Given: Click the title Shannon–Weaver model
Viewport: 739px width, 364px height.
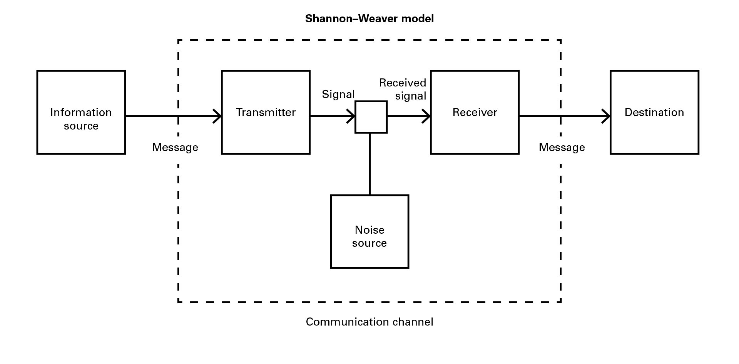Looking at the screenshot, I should click(369, 18).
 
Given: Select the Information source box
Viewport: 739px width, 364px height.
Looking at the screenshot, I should click(81, 112).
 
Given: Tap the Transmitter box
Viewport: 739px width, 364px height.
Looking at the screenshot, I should click(266, 112).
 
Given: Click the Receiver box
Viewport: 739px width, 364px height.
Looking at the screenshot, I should click(475, 112).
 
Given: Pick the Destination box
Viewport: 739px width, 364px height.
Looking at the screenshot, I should click(654, 112).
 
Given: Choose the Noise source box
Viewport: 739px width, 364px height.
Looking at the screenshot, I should click(369, 231).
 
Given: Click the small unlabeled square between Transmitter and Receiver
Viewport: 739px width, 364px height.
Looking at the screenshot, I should click(371, 117).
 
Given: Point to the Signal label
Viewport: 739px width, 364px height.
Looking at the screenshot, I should click(338, 95).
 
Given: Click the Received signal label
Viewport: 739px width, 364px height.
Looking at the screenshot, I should click(403, 89).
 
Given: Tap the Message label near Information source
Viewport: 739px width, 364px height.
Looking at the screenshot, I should click(175, 148).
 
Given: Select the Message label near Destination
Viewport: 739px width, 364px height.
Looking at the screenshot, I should click(562, 148).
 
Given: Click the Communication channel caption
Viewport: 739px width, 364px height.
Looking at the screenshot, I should click(369, 322).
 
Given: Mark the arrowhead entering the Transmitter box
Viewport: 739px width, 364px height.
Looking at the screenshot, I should click(218, 116).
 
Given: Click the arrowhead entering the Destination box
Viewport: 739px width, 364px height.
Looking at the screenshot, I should click(607, 116).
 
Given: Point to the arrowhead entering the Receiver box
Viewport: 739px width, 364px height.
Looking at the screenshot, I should click(427, 116).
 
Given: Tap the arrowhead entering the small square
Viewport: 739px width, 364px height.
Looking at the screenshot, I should click(351, 116).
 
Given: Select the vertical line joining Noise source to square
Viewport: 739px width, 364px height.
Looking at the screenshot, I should click(370, 164).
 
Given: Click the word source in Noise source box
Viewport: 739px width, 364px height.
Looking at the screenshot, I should click(369, 243).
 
